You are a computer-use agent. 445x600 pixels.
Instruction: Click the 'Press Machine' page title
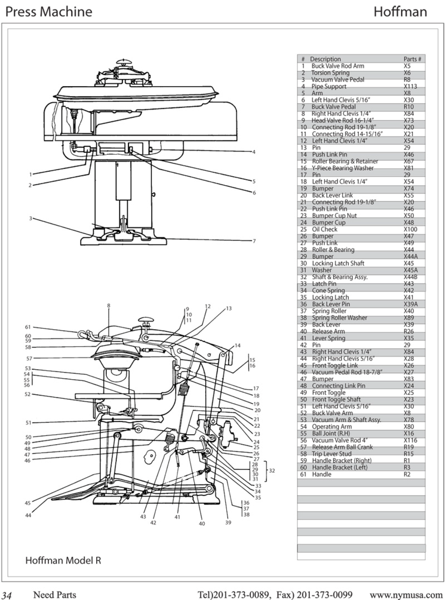(49, 12)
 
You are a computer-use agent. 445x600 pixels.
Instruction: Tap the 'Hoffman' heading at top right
(400, 12)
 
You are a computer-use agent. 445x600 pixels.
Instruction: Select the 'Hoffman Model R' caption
(63, 560)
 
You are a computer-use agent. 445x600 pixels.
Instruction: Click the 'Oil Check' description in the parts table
(325, 229)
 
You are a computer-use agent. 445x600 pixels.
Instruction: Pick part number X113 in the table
(410, 86)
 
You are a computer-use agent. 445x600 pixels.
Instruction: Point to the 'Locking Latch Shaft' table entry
(338, 263)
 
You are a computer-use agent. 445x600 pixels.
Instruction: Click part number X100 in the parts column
(410, 229)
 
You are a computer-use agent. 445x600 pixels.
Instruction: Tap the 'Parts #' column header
(412, 59)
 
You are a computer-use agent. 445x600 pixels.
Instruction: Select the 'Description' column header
(325, 59)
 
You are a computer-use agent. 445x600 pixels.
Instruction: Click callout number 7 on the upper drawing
(254, 241)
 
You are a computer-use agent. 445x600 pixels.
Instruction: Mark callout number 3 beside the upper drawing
(30, 218)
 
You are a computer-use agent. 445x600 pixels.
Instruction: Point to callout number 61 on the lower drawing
(28, 327)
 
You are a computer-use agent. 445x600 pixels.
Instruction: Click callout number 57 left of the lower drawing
(29, 358)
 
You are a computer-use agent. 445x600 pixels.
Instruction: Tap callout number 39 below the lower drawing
(228, 522)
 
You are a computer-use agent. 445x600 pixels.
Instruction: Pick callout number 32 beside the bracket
(272, 471)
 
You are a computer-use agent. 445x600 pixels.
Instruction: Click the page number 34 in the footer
(7, 595)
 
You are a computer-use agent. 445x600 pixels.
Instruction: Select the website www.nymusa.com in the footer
(406, 595)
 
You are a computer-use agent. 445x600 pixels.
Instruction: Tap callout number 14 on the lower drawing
(238, 345)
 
